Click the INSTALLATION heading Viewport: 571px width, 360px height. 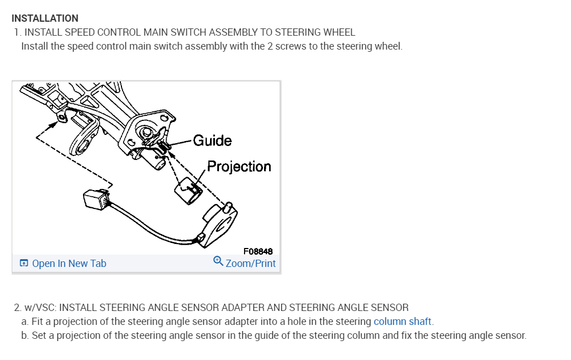click(x=45, y=18)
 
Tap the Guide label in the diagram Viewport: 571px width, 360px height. click(x=212, y=140)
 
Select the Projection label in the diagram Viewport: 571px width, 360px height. click(x=239, y=167)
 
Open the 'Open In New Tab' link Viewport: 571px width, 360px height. click(x=69, y=264)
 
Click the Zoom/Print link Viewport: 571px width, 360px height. click(x=250, y=264)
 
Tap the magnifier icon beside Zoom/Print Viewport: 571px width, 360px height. click(x=218, y=261)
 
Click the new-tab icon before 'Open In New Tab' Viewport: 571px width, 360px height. click(x=24, y=264)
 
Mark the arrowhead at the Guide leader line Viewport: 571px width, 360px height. click(x=169, y=145)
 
